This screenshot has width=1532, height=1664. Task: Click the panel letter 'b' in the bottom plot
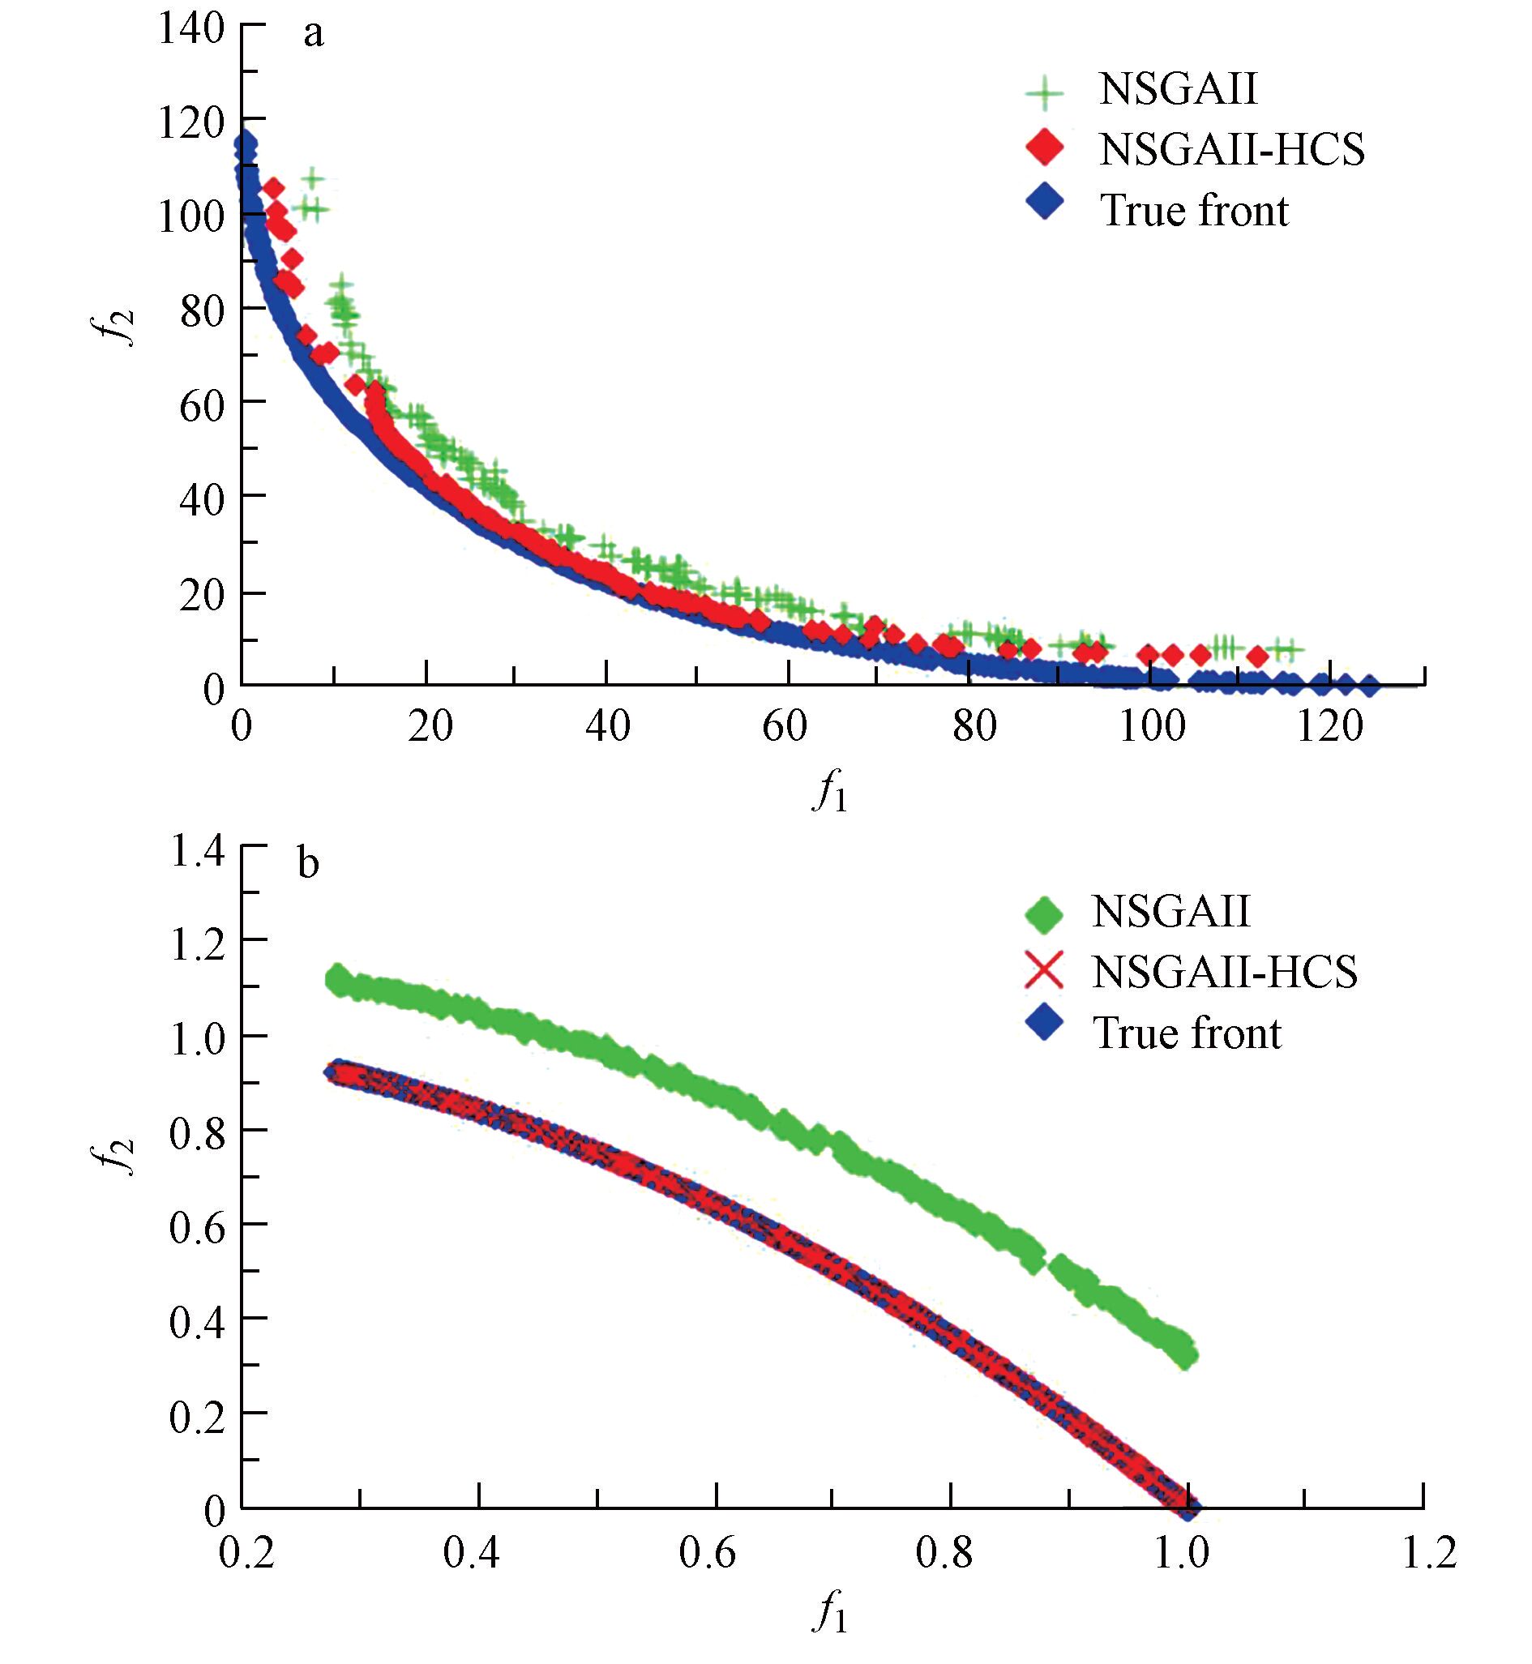307,865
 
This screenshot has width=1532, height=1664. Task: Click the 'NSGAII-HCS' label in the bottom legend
1225,971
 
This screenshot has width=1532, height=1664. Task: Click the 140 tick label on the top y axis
191,29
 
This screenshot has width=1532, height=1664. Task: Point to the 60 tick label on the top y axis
203,405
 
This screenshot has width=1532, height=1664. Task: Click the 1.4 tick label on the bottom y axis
197,852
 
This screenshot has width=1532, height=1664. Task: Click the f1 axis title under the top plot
830,794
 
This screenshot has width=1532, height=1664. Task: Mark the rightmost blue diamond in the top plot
1370,685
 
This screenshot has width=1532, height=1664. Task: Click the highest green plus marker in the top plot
313,178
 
